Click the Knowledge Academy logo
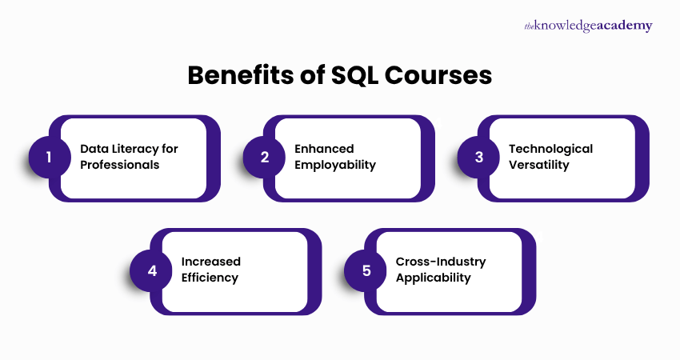point(588,26)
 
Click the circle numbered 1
point(48,157)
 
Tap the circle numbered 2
point(263,157)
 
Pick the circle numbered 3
point(478,157)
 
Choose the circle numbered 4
point(151,270)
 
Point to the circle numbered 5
point(366,270)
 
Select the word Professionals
point(120,166)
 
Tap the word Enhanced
point(324,149)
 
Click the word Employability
point(335,166)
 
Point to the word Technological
point(550,149)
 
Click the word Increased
point(210,262)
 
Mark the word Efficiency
point(210,278)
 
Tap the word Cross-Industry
point(441,262)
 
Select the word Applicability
point(433,278)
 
